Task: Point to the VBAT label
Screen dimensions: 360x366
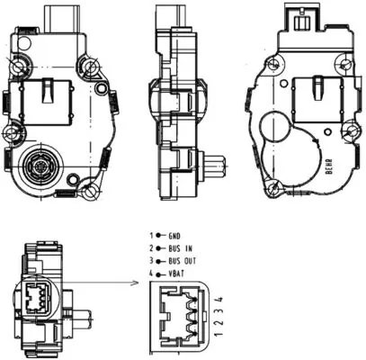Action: [176, 272]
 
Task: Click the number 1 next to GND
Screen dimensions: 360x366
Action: [152, 234]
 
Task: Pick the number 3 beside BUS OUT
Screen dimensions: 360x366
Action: [152, 259]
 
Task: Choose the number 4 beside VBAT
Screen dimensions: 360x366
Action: [152, 272]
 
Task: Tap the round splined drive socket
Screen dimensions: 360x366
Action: [40, 167]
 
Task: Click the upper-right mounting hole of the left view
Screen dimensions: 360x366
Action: [88, 65]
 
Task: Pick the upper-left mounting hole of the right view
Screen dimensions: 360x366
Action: [275, 66]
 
